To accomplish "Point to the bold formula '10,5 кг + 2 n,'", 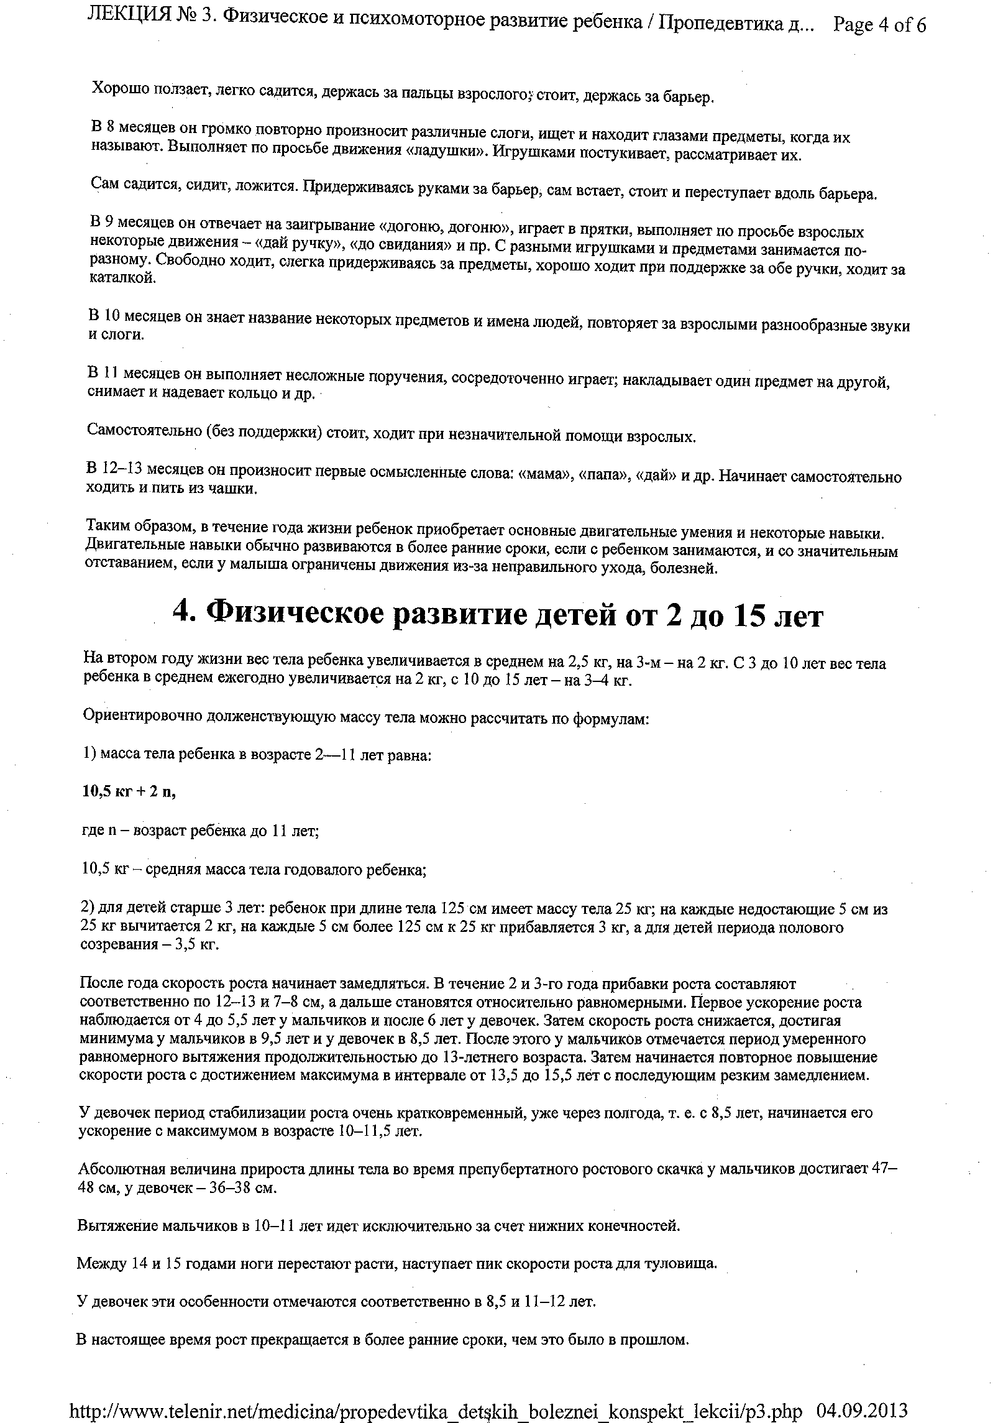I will coord(129,791).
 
